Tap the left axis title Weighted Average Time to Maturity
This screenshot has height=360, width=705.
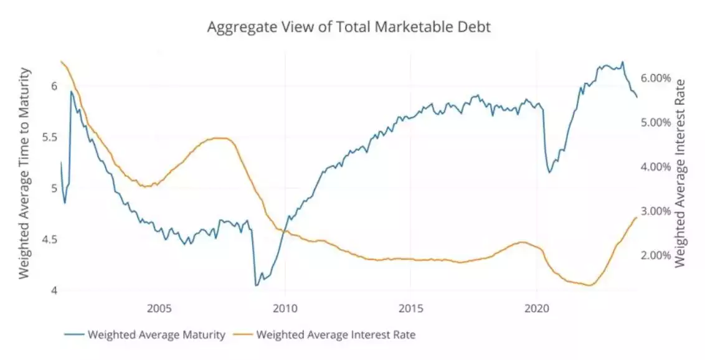pos(24,174)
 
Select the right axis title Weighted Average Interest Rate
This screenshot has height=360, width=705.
pos(681,174)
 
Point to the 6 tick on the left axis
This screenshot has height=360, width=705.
pos(54,86)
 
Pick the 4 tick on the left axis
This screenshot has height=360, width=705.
pos(54,291)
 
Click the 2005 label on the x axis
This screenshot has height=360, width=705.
pos(159,308)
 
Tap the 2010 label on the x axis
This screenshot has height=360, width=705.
pos(285,308)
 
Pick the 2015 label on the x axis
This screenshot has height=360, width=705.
pos(411,308)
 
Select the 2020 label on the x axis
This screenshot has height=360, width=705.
pos(537,308)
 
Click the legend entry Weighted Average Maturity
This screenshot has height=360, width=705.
pos(156,334)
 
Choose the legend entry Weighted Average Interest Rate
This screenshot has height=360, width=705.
pos(336,334)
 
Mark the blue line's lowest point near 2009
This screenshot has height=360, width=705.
pos(256,285)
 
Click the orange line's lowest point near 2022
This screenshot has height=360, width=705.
pos(589,285)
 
